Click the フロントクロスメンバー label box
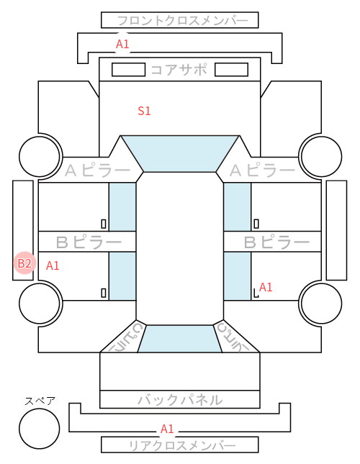[180, 20]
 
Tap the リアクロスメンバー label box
[180, 445]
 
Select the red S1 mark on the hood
[144, 111]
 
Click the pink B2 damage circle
[25, 263]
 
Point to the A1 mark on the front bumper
[122, 44]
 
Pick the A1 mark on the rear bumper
[167, 429]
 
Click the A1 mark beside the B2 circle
[53, 265]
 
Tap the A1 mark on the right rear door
[266, 287]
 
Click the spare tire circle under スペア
[40, 429]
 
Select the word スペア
[40, 401]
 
